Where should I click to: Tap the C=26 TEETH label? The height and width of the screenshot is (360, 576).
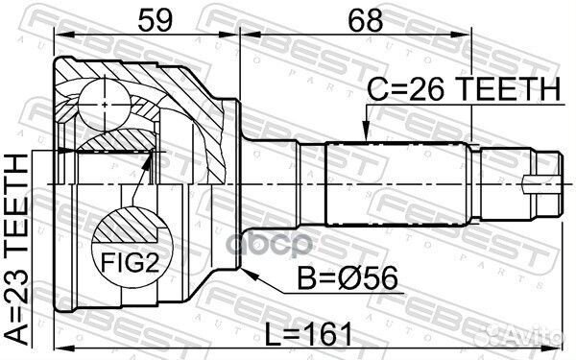[x=464, y=89]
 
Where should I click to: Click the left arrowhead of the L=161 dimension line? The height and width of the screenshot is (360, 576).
[x=60, y=348]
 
